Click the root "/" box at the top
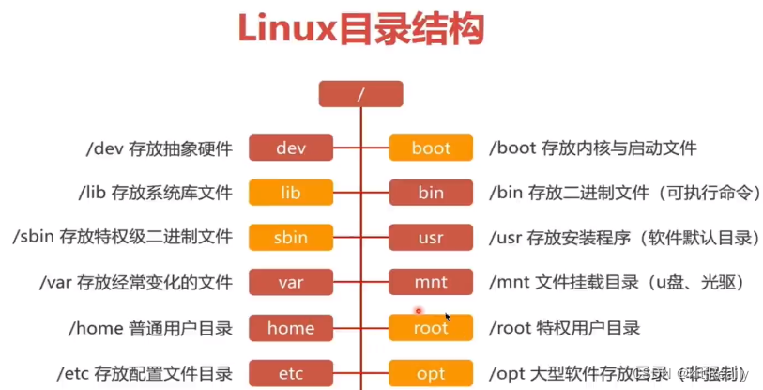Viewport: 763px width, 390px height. click(360, 94)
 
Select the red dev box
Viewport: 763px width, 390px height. click(291, 148)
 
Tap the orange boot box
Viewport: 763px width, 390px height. click(431, 148)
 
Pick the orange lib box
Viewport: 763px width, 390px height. click(291, 193)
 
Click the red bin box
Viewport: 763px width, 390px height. click(431, 193)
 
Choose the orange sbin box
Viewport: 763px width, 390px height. click(291, 237)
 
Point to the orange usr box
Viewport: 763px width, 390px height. click(431, 237)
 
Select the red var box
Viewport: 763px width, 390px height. click(291, 282)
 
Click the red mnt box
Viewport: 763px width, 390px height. click(431, 282)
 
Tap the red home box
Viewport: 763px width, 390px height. click(291, 328)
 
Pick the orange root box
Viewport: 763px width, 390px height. click(431, 328)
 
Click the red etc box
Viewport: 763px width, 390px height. click(291, 373)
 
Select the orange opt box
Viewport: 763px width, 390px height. click(431, 373)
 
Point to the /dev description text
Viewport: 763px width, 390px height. click(158, 148)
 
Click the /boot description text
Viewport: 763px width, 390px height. click(593, 148)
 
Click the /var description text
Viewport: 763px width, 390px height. click(135, 282)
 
